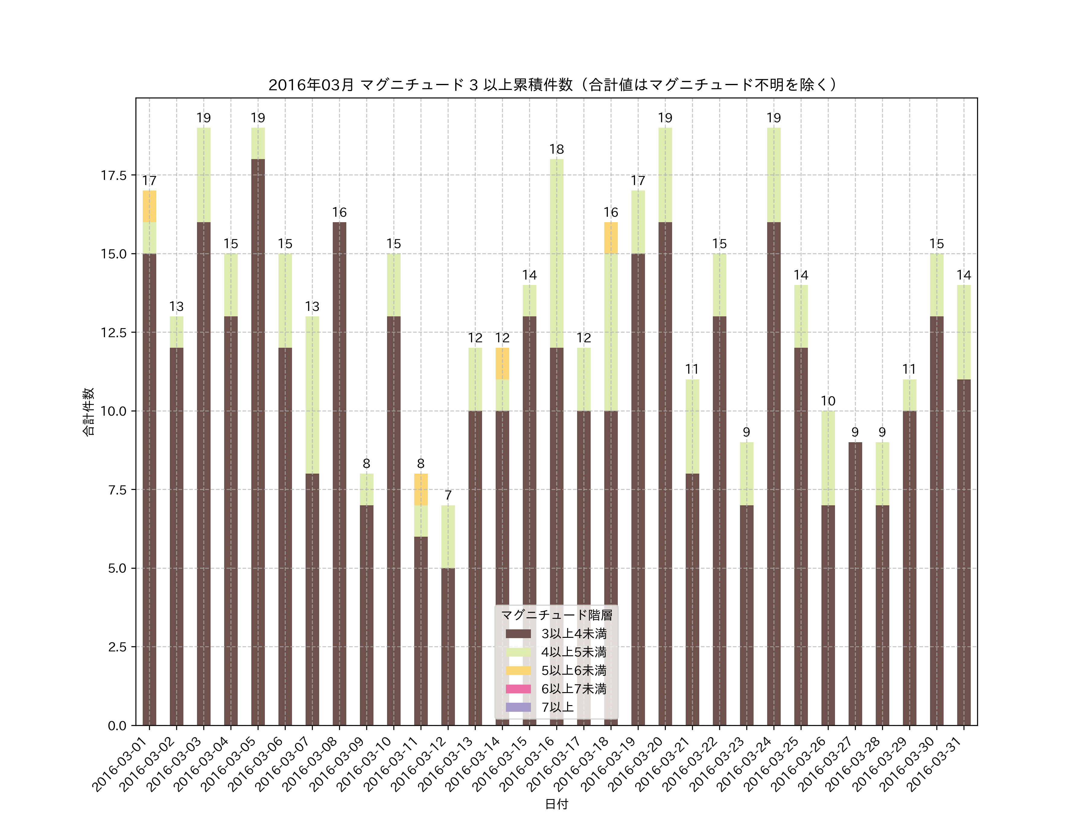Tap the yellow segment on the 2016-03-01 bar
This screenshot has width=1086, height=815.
[x=149, y=206]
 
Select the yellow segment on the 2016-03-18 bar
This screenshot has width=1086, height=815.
[x=611, y=238]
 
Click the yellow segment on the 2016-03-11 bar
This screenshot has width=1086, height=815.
[x=421, y=489]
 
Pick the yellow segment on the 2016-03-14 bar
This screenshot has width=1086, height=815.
[x=502, y=363]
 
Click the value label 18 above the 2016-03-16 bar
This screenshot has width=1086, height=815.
[x=556, y=149]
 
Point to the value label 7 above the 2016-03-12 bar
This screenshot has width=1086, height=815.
[x=448, y=495]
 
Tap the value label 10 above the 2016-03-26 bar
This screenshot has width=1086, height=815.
[x=828, y=401]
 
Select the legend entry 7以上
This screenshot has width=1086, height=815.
[x=557, y=707]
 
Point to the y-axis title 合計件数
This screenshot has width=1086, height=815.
[x=88, y=412]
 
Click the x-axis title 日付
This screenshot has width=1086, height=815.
[x=556, y=804]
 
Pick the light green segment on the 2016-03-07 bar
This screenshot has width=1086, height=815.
[x=312, y=395]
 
